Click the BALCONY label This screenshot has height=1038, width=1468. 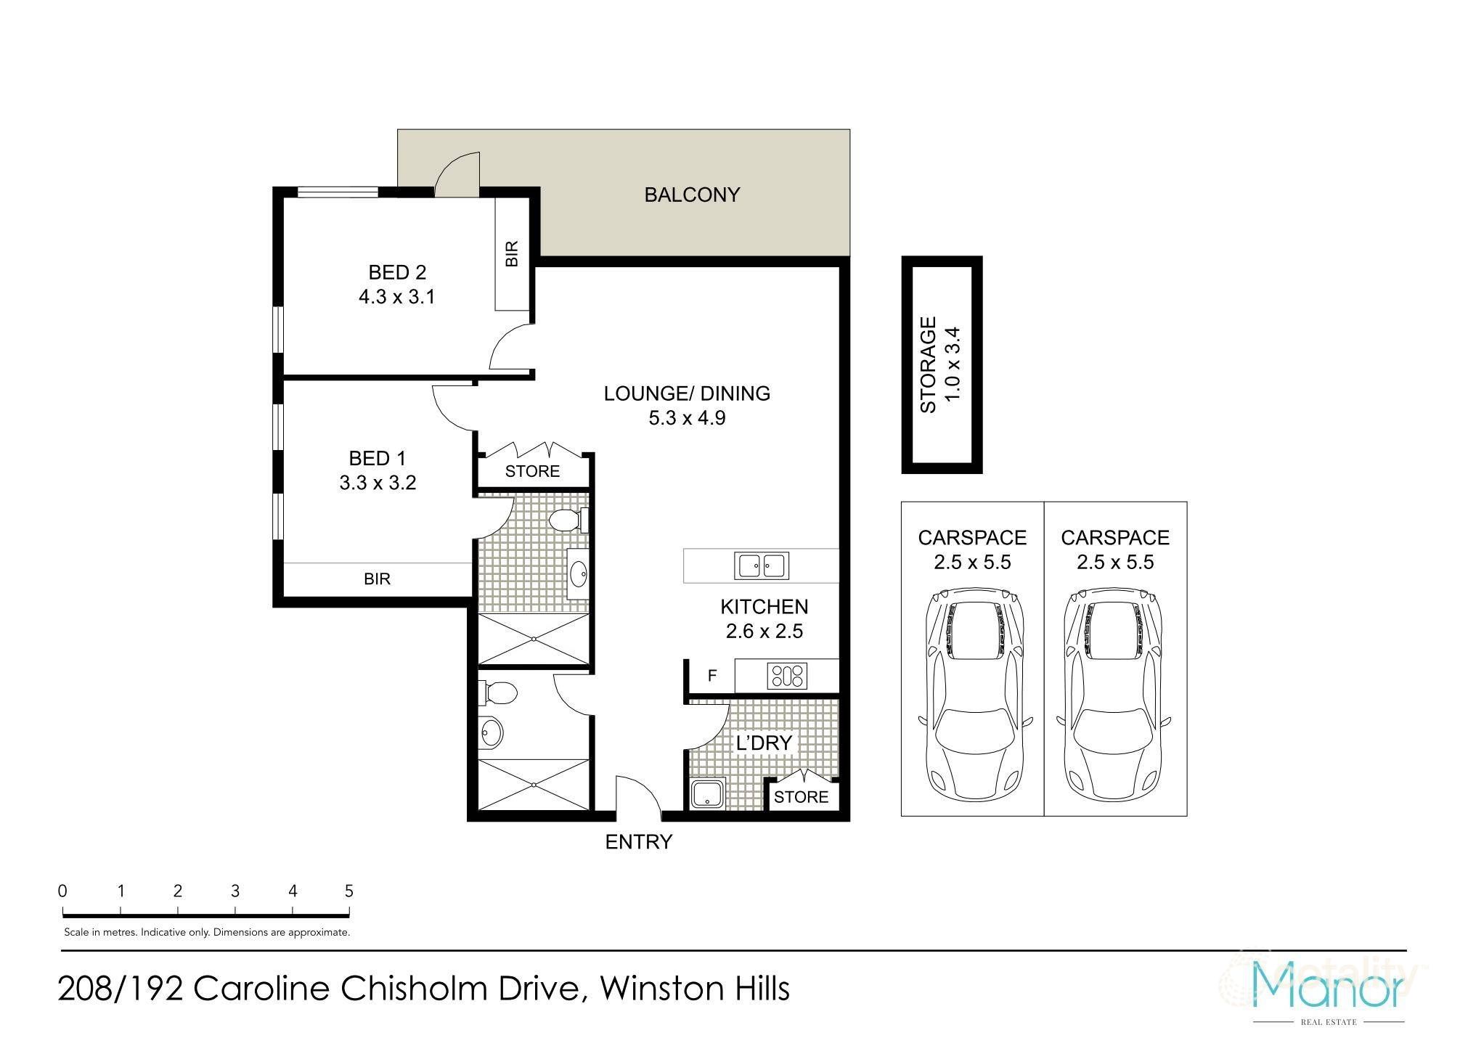click(692, 195)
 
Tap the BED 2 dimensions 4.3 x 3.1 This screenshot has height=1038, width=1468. click(396, 297)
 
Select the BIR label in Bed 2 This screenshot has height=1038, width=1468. click(513, 254)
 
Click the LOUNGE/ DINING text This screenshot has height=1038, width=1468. click(687, 393)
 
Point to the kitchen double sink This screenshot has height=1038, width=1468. click(762, 565)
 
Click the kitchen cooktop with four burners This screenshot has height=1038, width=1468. click(787, 677)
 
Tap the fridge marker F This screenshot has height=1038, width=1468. click(712, 676)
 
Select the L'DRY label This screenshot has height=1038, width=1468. click(763, 743)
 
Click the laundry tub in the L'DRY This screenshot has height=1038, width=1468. click(707, 793)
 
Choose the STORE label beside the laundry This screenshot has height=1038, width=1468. click(801, 797)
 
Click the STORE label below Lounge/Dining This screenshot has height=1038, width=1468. click(532, 471)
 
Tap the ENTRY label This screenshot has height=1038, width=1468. click(639, 842)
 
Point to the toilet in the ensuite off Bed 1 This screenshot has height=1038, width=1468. click(566, 520)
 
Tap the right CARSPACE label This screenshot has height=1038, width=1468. click(1115, 538)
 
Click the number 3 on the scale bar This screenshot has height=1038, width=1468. click(235, 891)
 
